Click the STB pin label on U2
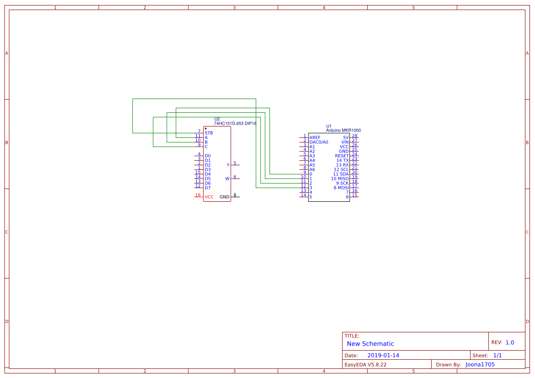[x=209, y=133]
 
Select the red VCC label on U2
[x=209, y=197]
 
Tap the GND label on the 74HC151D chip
[x=224, y=197]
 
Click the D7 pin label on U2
[x=207, y=188]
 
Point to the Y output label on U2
[x=228, y=165]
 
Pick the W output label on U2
[x=227, y=178]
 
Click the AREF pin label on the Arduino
[x=315, y=137]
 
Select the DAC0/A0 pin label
[x=318, y=142]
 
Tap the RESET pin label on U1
[x=342, y=156]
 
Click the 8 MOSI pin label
[x=341, y=188]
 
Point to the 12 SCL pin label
[x=341, y=169]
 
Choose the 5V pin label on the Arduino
[x=346, y=137]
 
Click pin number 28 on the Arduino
[x=355, y=136]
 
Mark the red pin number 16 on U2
[x=198, y=195]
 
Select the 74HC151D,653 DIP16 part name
[x=235, y=123]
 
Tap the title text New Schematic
[x=370, y=344]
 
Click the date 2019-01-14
[x=383, y=355]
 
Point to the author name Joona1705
[x=480, y=364]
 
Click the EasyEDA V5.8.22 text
[x=365, y=364]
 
